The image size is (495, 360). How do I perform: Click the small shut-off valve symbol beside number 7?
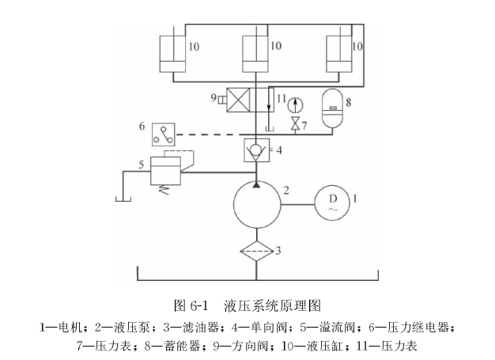pyautogui.click(x=296, y=124)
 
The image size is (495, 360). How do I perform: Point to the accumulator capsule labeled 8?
pyautogui.click(x=333, y=108)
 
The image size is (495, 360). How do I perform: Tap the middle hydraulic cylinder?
pyautogui.click(x=255, y=52)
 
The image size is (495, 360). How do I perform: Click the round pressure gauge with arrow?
pyautogui.click(x=296, y=103)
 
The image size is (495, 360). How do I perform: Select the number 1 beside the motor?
pyautogui.click(x=356, y=199)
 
